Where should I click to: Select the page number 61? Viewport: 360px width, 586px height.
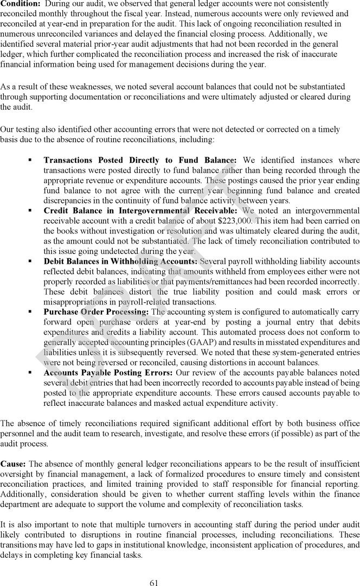tap(154, 583)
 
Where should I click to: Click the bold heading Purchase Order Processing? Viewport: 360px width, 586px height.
tap(96, 312)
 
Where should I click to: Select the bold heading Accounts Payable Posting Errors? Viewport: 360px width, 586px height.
tap(108, 372)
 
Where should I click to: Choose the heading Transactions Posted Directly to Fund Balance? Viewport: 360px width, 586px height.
tap(140, 160)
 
